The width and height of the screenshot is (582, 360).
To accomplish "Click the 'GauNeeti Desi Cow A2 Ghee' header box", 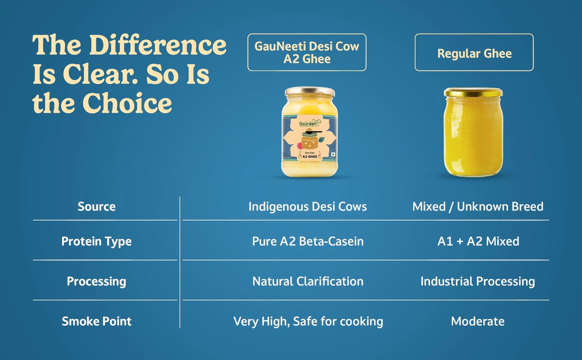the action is (x=307, y=52).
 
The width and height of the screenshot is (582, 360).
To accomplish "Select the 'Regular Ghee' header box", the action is (x=474, y=52).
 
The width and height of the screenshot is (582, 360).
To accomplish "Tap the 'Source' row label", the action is (x=97, y=207).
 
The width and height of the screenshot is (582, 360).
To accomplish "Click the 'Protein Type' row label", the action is (x=97, y=242).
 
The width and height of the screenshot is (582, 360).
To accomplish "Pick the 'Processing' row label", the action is (x=97, y=282).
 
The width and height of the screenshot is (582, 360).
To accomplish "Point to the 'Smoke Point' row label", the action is (x=97, y=321).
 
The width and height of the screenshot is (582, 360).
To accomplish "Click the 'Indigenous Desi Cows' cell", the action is (x=308, y=207).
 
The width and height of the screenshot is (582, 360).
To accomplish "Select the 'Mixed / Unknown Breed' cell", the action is (x=478, y=207).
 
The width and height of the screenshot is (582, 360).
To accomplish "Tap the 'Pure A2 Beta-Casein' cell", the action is (x=308, y=241).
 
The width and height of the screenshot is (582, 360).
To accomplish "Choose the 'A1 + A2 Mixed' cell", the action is (x=478, y=241).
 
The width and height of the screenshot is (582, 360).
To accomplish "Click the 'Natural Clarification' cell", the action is (x=308, y=281).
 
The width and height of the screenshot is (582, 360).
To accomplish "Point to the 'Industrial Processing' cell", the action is (x=478, y=282).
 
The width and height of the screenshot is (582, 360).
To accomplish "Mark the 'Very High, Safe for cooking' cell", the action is (x=308, y=322).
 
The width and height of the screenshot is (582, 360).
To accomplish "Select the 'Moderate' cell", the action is (x=478, y=321).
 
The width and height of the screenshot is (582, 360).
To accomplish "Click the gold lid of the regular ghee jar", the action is (x=473, y=92).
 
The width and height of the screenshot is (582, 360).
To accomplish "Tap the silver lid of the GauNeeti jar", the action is (x=310, y=91).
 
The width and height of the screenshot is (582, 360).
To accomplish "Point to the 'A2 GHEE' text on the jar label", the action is (x=310, y=157).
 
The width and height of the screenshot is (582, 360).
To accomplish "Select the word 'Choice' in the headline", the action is (x=127, y=103).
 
